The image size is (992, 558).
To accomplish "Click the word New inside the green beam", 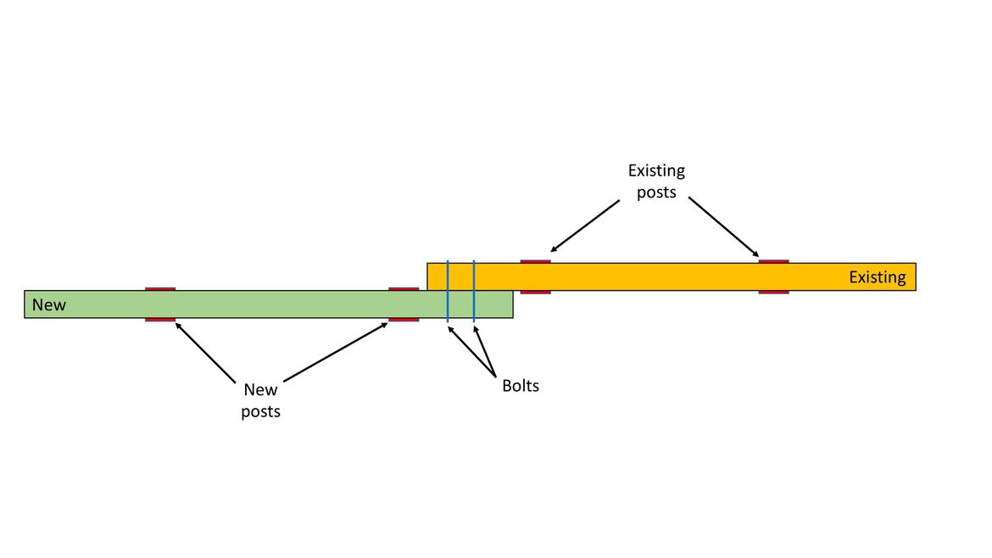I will point(48,304).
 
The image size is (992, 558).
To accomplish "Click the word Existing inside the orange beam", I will point(877,277).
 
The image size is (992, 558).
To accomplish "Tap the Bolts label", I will point(520,386).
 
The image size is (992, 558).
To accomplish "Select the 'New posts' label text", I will point(260,400).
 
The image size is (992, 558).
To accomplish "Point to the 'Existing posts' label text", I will point(656,181).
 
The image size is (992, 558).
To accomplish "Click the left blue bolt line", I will point(448,292).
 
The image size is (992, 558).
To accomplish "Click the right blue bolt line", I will point(474,292).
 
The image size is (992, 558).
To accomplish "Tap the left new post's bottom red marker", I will point(160,320).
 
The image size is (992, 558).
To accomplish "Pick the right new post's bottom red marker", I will point(404,320).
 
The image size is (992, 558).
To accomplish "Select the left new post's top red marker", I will point(160,289).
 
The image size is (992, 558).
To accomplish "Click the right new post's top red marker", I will point(404,289).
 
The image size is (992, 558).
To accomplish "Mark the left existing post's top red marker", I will point(535,261).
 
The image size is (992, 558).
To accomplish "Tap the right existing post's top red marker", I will point(773,261).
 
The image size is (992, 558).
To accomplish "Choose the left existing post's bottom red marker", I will point(535,292).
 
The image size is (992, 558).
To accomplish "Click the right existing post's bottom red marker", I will point(773,292).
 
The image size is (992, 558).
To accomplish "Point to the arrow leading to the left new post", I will point(205,351).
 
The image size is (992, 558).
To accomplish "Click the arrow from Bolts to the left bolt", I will point(469,351).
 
